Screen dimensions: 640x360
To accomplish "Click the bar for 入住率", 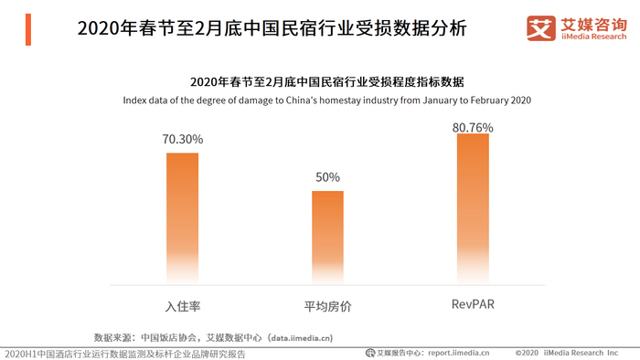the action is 183,218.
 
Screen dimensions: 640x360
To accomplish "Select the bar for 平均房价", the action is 327,238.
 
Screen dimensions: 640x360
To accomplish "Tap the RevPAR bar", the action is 473,208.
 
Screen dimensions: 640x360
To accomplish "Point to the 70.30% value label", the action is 183,140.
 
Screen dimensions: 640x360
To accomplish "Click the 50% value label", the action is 327,177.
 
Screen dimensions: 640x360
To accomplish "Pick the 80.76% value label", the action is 473,128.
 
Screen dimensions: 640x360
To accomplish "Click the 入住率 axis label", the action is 183,306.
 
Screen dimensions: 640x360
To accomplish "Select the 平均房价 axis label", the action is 327,306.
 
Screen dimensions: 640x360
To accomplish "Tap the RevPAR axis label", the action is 473,304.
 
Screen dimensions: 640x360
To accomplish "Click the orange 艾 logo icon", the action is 541,28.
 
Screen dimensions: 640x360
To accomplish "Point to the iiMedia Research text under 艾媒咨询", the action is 594,37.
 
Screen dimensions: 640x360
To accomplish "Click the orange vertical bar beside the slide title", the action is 28,29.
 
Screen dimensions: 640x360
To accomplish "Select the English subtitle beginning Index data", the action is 327,101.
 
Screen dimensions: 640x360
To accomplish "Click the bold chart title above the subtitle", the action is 327,82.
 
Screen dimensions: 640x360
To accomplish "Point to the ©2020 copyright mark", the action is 527,353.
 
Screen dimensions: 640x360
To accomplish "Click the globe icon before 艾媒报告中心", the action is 370,353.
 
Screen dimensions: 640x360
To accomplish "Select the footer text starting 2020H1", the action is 125,354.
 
